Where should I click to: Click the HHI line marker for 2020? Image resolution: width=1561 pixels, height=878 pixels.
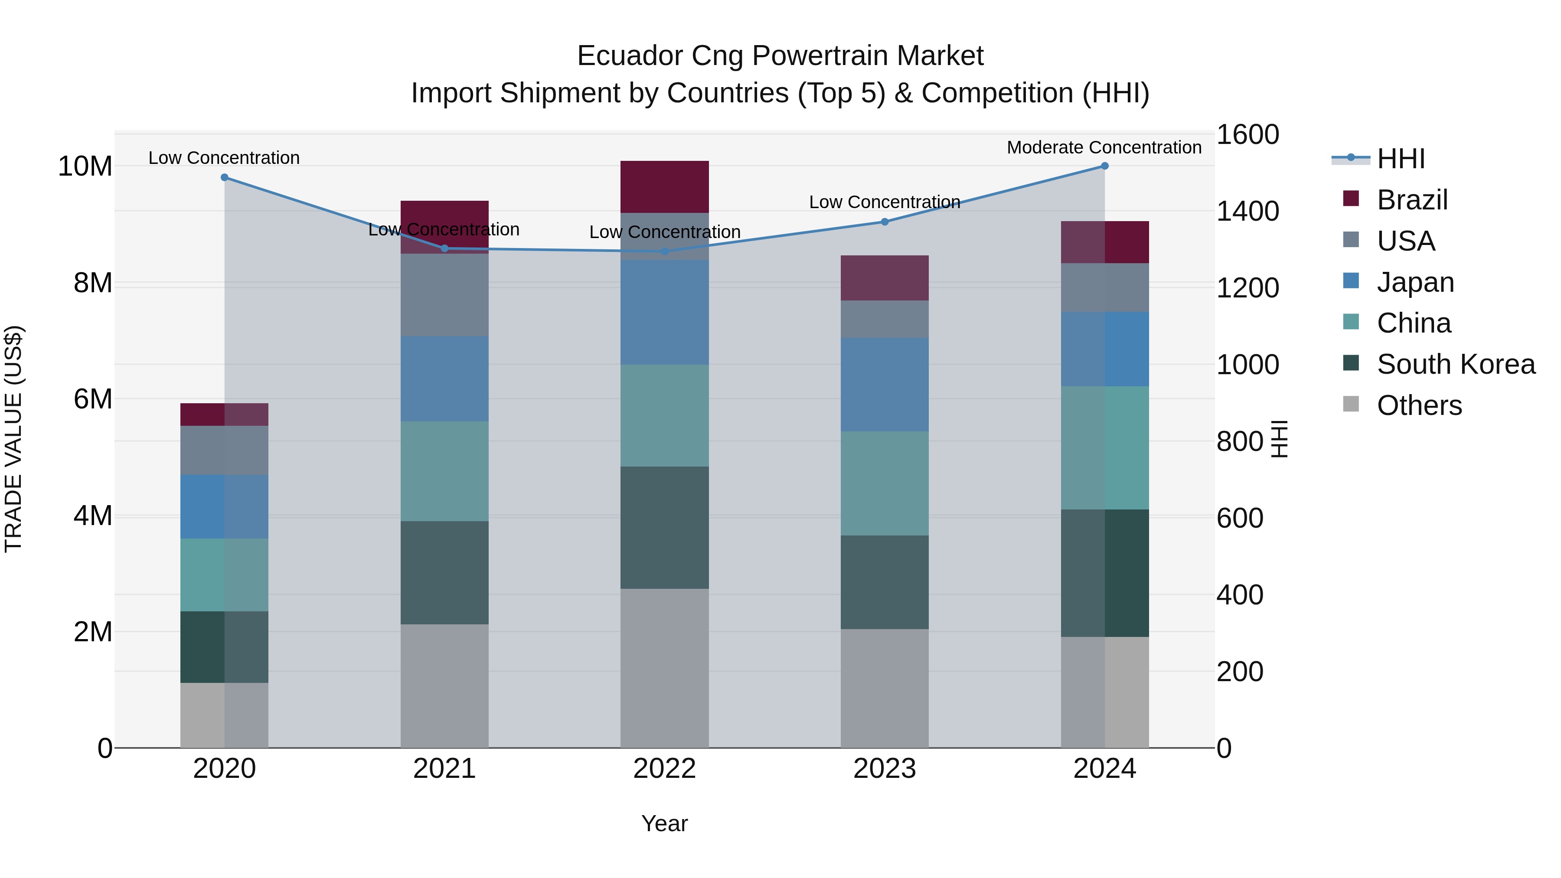[224, 177]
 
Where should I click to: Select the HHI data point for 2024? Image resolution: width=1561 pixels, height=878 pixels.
[1104, 166]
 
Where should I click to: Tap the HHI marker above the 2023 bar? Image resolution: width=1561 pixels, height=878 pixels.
[884, 222]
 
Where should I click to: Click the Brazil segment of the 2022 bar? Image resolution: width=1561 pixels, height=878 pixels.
[664, 186]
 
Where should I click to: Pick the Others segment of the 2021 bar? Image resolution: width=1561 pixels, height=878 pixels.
[444, 685]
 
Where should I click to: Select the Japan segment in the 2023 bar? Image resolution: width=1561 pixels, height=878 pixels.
[884, 384]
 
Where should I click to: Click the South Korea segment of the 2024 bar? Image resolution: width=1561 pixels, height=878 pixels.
[1104, 573]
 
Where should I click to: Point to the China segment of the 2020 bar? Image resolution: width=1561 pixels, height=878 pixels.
[224, 574]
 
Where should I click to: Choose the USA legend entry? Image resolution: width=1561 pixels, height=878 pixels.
[1405, 241]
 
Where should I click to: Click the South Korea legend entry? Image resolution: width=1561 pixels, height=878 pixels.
[1456, 364]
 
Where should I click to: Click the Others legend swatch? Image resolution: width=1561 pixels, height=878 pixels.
[1351, 404]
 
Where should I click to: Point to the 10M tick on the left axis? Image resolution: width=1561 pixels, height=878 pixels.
[85, 166]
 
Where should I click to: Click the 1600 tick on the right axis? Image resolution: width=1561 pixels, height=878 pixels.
[1247, 134]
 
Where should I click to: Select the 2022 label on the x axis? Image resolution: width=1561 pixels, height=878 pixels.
[664, 769]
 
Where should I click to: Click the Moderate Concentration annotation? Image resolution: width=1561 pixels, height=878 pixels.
[1104, 147]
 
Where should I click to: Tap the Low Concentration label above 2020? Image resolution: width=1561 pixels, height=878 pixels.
[224, 157]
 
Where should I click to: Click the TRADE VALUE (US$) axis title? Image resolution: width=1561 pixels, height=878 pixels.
[13, 439]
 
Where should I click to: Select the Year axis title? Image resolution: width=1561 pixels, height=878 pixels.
[664, 823]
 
